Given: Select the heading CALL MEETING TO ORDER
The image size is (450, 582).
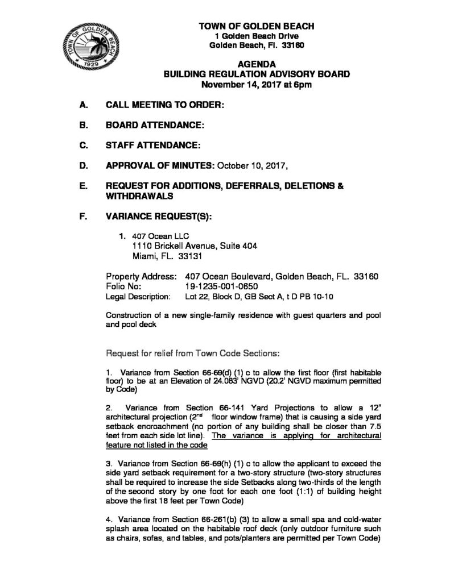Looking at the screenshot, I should pos(164,105).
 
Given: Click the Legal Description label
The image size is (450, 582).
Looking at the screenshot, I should pos(138,297).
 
